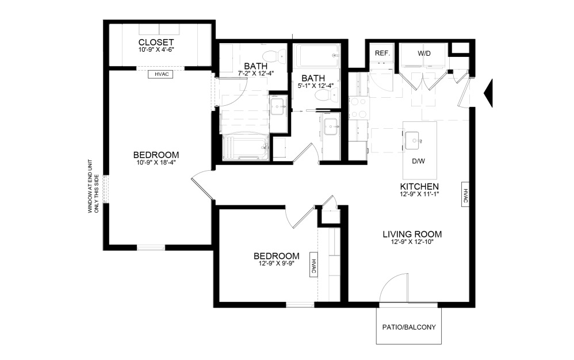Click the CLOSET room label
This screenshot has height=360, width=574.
pyautogui.click(x=156, y=43)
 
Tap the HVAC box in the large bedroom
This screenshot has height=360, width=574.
pyautogui.click(x=160, y=74)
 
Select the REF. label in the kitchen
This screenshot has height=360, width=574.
pyautogui.click(x=382, y=53)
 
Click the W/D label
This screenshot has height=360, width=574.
pyautogui.click(x=424, y=53)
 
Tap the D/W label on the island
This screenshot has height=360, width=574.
pyautogui.click(x=418, y=161)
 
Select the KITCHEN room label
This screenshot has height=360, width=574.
pyautogui.click(x=419, y=187)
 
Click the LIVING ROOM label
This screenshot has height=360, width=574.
pyautogui.click(x=412, y=234)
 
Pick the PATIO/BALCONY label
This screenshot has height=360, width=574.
pyautogui.click(x=409, y=327)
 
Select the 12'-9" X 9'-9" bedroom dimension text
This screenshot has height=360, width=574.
pyautogui.click(x=277, y=263)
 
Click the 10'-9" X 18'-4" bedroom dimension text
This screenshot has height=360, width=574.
pyautogui.click(x=156, y=163)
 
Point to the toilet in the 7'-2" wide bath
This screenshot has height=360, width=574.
pyautogui.click(x=281, y=55)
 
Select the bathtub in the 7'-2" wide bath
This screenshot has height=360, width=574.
pyautogui.click(x=246, y=147)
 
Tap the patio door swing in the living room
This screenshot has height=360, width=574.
pyautogui.click(x=397, y=289)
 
